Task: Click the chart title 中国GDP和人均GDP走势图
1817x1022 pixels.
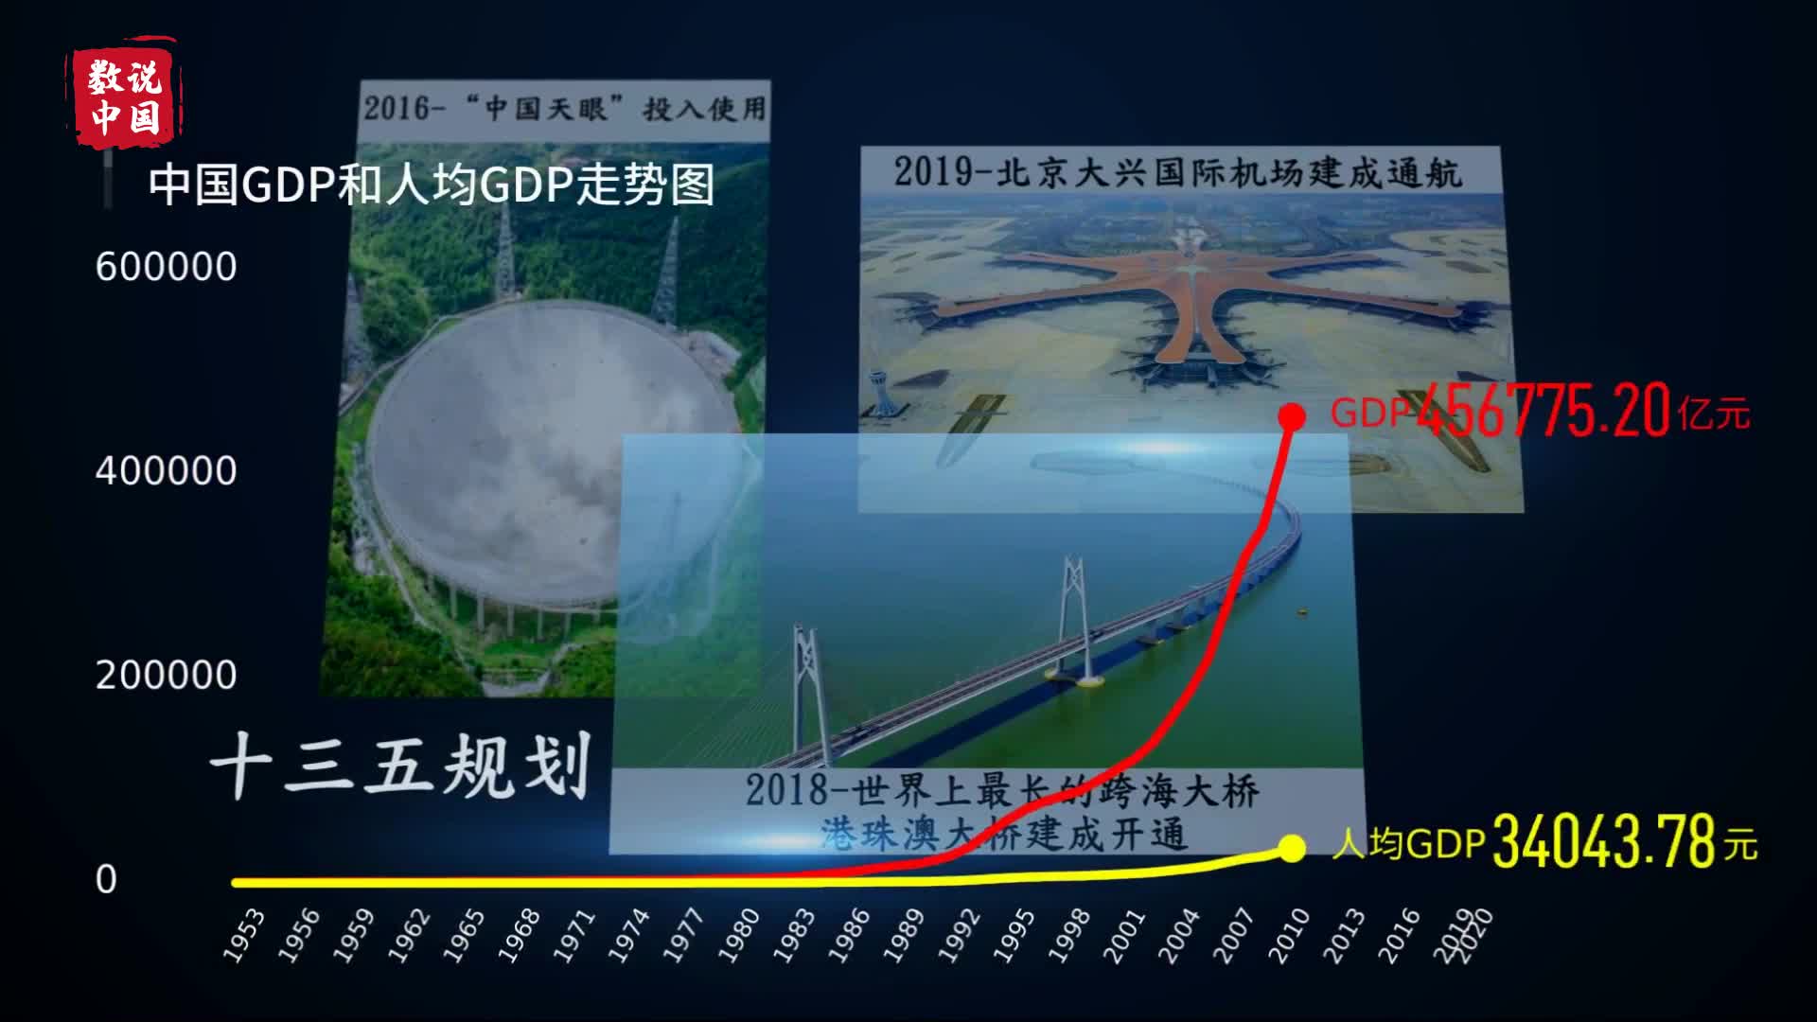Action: (431, 185)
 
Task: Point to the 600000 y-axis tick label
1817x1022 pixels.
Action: (166, 267)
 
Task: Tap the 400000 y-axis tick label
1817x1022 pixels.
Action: (166, 471)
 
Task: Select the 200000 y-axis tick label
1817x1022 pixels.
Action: (166, 676)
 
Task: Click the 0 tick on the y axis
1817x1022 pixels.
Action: (106, 880)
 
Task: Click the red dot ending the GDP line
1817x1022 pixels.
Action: (1292, 416)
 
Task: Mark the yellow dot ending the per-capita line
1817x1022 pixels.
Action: (1292, 848)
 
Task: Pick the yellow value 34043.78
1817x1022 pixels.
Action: (1605, 842)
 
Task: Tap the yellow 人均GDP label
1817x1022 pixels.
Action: (1408, 843)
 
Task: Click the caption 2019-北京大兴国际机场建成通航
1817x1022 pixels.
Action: (1178, 173)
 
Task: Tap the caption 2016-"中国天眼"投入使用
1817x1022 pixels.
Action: (565, 108)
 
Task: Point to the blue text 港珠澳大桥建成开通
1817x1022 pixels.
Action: (1003, 835)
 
